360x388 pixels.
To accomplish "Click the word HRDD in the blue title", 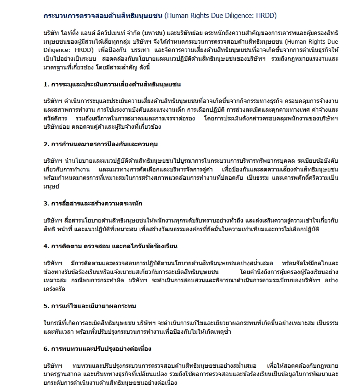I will [x=266, y=16].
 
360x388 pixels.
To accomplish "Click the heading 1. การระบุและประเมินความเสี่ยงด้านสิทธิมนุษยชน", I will [x=112, y=85].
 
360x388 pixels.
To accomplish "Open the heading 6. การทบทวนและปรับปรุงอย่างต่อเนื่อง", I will [x=97, y=348].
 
